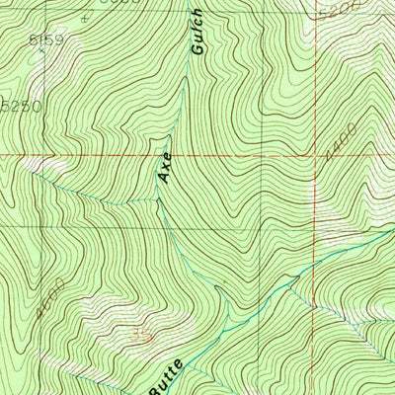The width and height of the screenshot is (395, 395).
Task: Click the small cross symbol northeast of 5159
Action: (86, 17)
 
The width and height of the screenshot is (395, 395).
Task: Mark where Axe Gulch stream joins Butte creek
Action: (225, 332)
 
